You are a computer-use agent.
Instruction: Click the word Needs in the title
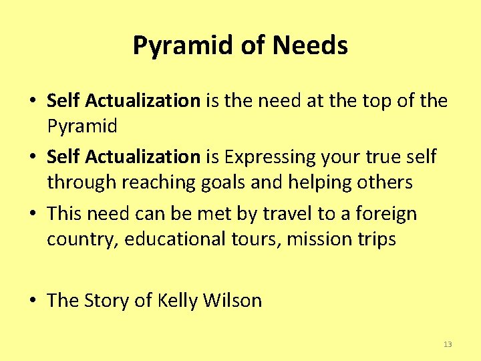point(310,46)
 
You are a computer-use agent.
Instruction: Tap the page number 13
point(448,344)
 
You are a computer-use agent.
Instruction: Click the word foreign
point(387,215)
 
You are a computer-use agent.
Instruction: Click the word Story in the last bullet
point(107,301)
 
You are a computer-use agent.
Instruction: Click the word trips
point(374,239)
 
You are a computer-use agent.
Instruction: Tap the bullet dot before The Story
point(33,302)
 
